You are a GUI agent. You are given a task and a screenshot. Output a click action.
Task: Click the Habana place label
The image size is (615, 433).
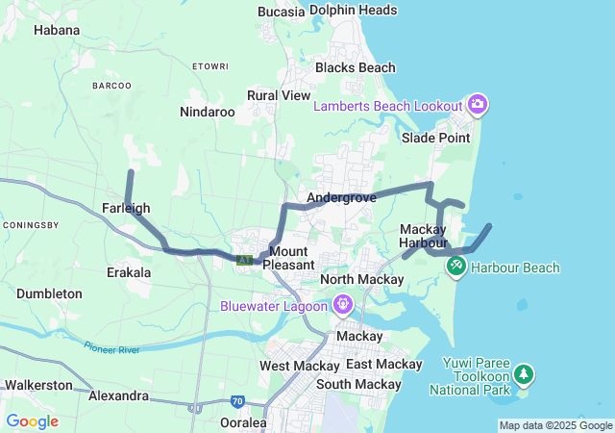[57, 30]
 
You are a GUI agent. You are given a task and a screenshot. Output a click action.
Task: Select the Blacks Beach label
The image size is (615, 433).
[355, 67]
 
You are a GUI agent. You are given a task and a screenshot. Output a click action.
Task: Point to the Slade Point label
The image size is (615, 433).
[435, 138]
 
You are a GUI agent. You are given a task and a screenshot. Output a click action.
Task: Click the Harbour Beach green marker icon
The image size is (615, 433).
[456, 263]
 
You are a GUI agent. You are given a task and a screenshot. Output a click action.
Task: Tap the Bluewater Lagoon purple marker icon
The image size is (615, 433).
[343, 305]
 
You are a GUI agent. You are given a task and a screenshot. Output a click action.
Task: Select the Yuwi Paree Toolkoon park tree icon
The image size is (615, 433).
[523, 372]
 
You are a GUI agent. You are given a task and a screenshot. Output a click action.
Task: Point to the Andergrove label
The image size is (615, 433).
[341, 198]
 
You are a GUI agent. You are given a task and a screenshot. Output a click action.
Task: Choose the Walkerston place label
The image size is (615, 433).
[38, 385]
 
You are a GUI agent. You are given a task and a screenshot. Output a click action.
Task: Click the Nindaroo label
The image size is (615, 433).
[208, 112]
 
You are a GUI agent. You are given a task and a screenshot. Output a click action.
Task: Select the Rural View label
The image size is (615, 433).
[279, 95]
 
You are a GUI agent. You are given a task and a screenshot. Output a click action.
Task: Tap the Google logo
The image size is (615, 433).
[32, 420]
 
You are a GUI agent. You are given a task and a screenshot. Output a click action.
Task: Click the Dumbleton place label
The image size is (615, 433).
[49, 293]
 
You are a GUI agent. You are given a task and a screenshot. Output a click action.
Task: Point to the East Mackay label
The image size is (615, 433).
[383, 365]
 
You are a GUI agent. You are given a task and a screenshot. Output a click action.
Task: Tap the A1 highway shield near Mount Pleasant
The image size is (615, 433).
[244, 260]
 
